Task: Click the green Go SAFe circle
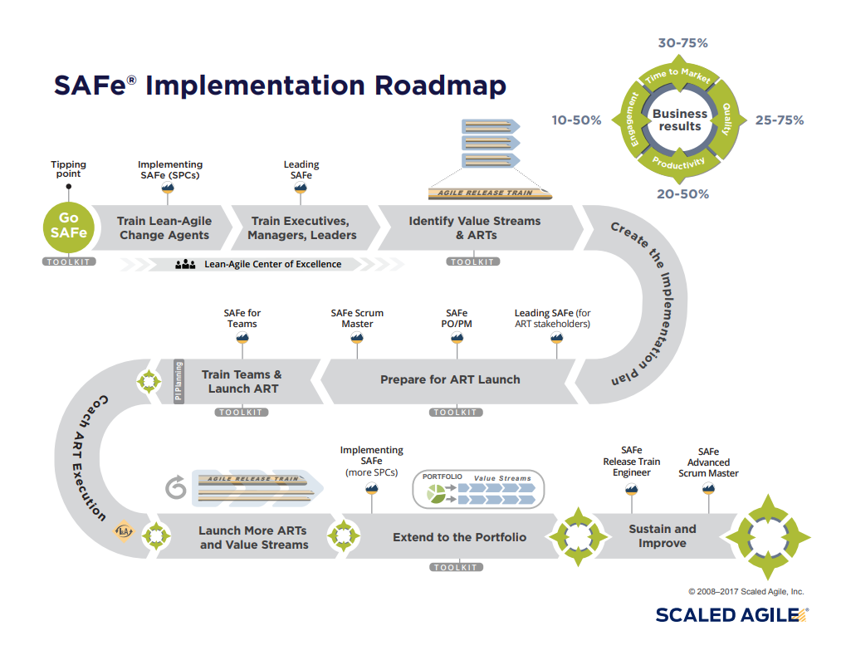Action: coord(68,227)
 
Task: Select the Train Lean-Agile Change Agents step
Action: coord(164,228)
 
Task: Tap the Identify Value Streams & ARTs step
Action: coord(474,228)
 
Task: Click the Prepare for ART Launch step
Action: coord(450,379)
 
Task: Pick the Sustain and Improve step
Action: coord(662,536)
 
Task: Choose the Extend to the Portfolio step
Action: coord(459,537)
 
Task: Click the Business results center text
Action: coord(680,120)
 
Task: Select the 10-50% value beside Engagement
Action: coord(576,120)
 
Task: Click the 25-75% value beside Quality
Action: coord(779,120)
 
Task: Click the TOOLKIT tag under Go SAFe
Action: coord(69,262)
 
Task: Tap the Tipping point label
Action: coord(68,169)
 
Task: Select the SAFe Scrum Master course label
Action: coord(357,319)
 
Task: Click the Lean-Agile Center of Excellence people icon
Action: coord(185,265)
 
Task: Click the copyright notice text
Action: coord(746,592)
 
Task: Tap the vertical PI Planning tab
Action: coord(178,381)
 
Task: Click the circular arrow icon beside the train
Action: coord(176,488)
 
